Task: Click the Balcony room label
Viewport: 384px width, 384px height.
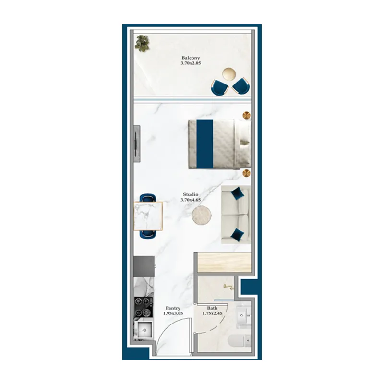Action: pyautogui.click(x=191, y=58)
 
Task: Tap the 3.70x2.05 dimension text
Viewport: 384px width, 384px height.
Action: pyautogui.click(x=191, y=63)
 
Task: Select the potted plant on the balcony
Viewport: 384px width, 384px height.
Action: pyautogui.click(x=142, y=43)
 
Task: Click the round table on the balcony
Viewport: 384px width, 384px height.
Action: pyautogui.click(x=229, y=74)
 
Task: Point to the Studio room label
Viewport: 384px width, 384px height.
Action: pyautogui.click(x=191, y=194)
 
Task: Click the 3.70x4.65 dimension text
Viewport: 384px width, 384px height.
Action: pyautogui.click(x=191, y=200)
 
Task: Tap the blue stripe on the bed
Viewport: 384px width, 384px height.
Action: pyautogui.click(x=205, y=144)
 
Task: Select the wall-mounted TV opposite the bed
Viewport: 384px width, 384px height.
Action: pyautogui.click(x=137, y=144)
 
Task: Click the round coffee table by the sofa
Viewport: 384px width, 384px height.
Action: pyautogui.click(x=202, y=215)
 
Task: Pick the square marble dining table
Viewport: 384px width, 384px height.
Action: pyautogui.click(x=148, y=216)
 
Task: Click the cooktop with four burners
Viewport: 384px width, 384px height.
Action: pyautogui.click(x=143, y=307)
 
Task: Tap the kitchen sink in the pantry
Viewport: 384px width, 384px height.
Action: pyautogui.click(x=144, y=330)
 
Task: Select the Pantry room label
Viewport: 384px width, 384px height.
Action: pyautogui.click(x=173, y=308)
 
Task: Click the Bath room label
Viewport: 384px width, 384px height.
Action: pyautogui.click(x=212, y=308)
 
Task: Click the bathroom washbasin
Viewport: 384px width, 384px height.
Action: pyautogui.click(x=243, y=315)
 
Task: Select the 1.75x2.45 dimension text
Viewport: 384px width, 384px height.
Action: pyautogui.click(x=212, y=313)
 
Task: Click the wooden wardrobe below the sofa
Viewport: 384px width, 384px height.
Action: pyautogui.click(x=224, y=262)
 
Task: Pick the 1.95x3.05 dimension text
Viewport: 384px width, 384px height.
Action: pyautogui.click(x=173, y=313)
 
